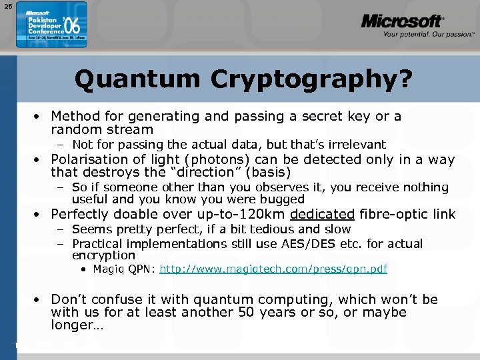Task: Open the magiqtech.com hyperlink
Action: click(273, 269)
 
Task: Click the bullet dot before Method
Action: click(39, 116)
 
